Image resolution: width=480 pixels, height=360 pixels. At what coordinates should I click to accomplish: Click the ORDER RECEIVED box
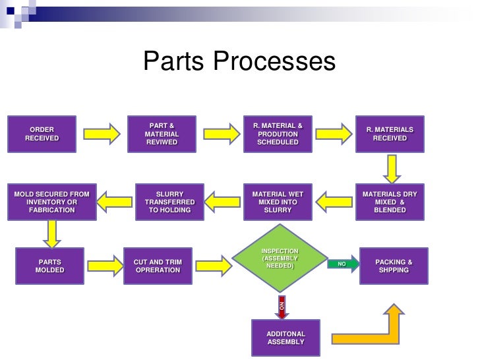(42, 134)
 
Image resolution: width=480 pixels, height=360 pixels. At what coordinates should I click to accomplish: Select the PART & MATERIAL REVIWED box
(162, 134)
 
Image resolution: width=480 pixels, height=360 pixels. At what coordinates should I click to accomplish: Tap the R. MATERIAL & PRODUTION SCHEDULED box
(278, 134)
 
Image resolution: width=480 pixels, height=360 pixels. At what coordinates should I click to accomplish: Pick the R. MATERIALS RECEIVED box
(390, 134)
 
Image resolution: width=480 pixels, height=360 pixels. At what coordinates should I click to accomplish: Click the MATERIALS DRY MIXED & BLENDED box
(390, 202)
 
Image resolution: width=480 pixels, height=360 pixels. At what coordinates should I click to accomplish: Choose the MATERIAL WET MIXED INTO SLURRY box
(278, 202)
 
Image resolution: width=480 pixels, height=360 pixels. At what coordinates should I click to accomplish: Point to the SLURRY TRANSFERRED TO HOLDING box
(169, 202)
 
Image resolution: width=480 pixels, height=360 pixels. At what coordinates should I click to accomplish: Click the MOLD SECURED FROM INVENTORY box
(52, 202)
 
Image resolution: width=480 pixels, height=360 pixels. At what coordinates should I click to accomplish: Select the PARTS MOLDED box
(49, 266)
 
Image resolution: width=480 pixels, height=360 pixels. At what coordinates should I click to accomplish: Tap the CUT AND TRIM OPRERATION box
(158, 266)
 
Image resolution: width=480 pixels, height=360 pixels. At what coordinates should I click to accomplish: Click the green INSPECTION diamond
(280, 258)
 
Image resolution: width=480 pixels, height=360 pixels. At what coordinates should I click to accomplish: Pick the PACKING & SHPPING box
(394, 266)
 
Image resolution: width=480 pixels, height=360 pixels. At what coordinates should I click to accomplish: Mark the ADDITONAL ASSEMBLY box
(285, 338)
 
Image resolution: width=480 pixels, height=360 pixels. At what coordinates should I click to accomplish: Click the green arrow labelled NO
(344, 264)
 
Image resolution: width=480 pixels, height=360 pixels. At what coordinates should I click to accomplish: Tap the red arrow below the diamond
(282, 307)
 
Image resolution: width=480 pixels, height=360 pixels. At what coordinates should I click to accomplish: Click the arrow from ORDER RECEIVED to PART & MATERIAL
(102, 134)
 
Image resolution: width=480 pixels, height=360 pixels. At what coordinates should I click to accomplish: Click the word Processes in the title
(274, 61)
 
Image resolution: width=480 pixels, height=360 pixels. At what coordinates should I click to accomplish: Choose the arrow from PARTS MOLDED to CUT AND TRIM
(105, 266)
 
